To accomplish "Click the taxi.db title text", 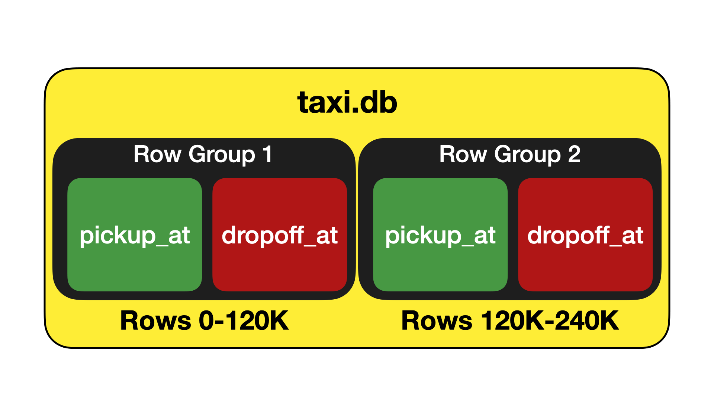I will tap(347, 103).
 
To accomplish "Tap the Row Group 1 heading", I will tap(203, 154).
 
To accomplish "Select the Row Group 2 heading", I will tap(509, 154).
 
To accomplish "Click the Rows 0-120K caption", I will tap(205, 320).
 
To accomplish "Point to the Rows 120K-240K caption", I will tap(510, 320).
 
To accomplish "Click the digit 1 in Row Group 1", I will tap(267, 154).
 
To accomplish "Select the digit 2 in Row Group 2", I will tap(574, 154).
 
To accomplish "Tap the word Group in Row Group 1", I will tap(222, 155).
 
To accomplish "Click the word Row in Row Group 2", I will tap(463, 154).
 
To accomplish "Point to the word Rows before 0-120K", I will tap(156, 321).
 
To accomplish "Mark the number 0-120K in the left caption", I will tap(244, 320).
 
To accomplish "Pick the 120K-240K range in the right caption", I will tap(550, 320).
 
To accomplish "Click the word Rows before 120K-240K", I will tap(437, 321).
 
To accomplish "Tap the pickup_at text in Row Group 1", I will tap(135, 235).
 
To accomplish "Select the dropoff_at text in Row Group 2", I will tap(585, 235).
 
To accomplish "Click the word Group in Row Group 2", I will tap(528, 155).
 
